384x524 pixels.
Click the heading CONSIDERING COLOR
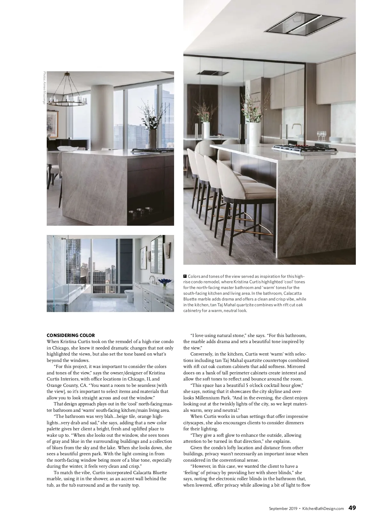click(71, 335)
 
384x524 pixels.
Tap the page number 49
click(352, 508)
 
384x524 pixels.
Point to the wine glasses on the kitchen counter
click(322, 136)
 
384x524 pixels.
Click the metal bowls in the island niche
click(140, 212)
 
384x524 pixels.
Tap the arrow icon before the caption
click(185, 276)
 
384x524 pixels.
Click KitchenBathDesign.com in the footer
click(323, 508)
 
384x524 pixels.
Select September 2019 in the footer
click(283, 508)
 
